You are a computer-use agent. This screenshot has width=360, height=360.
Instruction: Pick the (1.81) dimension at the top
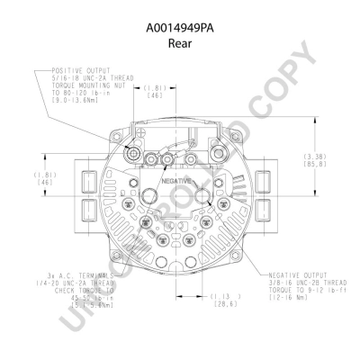pos(154,86)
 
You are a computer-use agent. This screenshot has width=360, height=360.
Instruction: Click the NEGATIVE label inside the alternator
pos(176,181)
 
